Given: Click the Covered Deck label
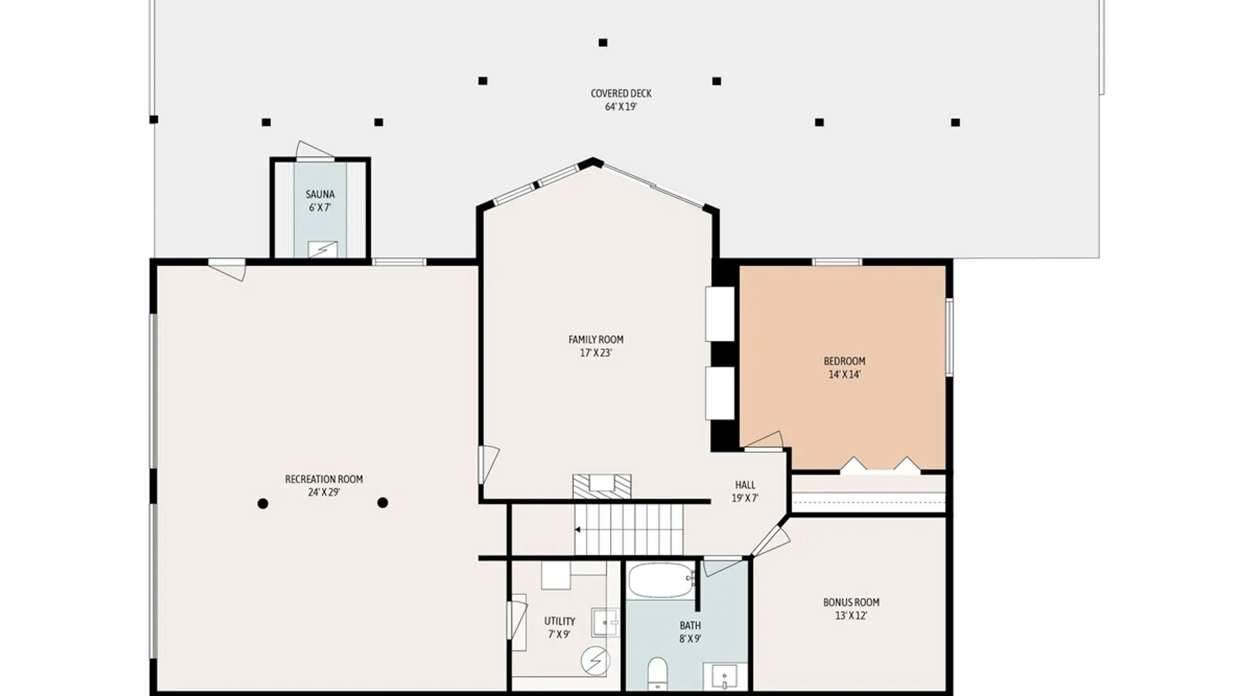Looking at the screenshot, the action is point(621,100).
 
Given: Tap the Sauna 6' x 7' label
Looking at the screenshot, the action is point(320,201).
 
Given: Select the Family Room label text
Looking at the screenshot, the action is point(596,340).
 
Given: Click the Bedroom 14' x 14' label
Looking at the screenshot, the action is point(844,367).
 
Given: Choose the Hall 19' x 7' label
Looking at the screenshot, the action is point(745,491).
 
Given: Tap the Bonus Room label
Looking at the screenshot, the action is point(851,603).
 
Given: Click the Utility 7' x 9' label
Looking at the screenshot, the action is point(560,628).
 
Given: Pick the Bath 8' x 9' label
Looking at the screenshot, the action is point(690,632).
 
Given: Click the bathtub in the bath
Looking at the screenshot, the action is point(661,580).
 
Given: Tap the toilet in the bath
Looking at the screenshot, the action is point(657,674).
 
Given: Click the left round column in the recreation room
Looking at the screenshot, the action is point(262,503).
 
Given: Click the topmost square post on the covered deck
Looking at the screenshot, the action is point(603,42).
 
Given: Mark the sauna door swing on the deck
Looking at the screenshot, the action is point(315,150).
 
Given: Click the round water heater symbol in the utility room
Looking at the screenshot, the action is point(595,661).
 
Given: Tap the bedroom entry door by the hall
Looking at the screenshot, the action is point(764,442).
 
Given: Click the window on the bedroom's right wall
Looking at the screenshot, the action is point(949,337).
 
